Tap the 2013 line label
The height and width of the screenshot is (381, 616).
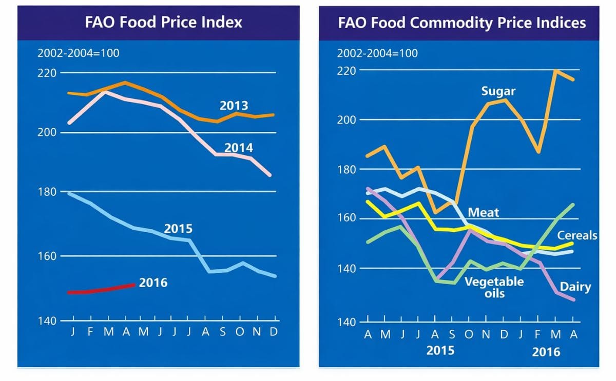234,106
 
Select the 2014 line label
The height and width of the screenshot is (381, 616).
238,148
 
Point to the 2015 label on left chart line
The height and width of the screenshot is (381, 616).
178,229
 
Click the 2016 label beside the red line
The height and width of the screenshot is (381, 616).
153,283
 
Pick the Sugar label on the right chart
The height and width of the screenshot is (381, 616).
498,92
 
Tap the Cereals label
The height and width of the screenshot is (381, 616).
577,235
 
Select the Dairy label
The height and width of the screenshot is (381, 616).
575,287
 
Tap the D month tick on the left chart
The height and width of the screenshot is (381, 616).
274,332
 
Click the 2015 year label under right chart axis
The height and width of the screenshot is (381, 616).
440,352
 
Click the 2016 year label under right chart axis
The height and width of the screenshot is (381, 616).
546,352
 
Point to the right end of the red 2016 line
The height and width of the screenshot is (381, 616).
134,285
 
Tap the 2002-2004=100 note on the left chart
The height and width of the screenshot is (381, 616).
75,53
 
